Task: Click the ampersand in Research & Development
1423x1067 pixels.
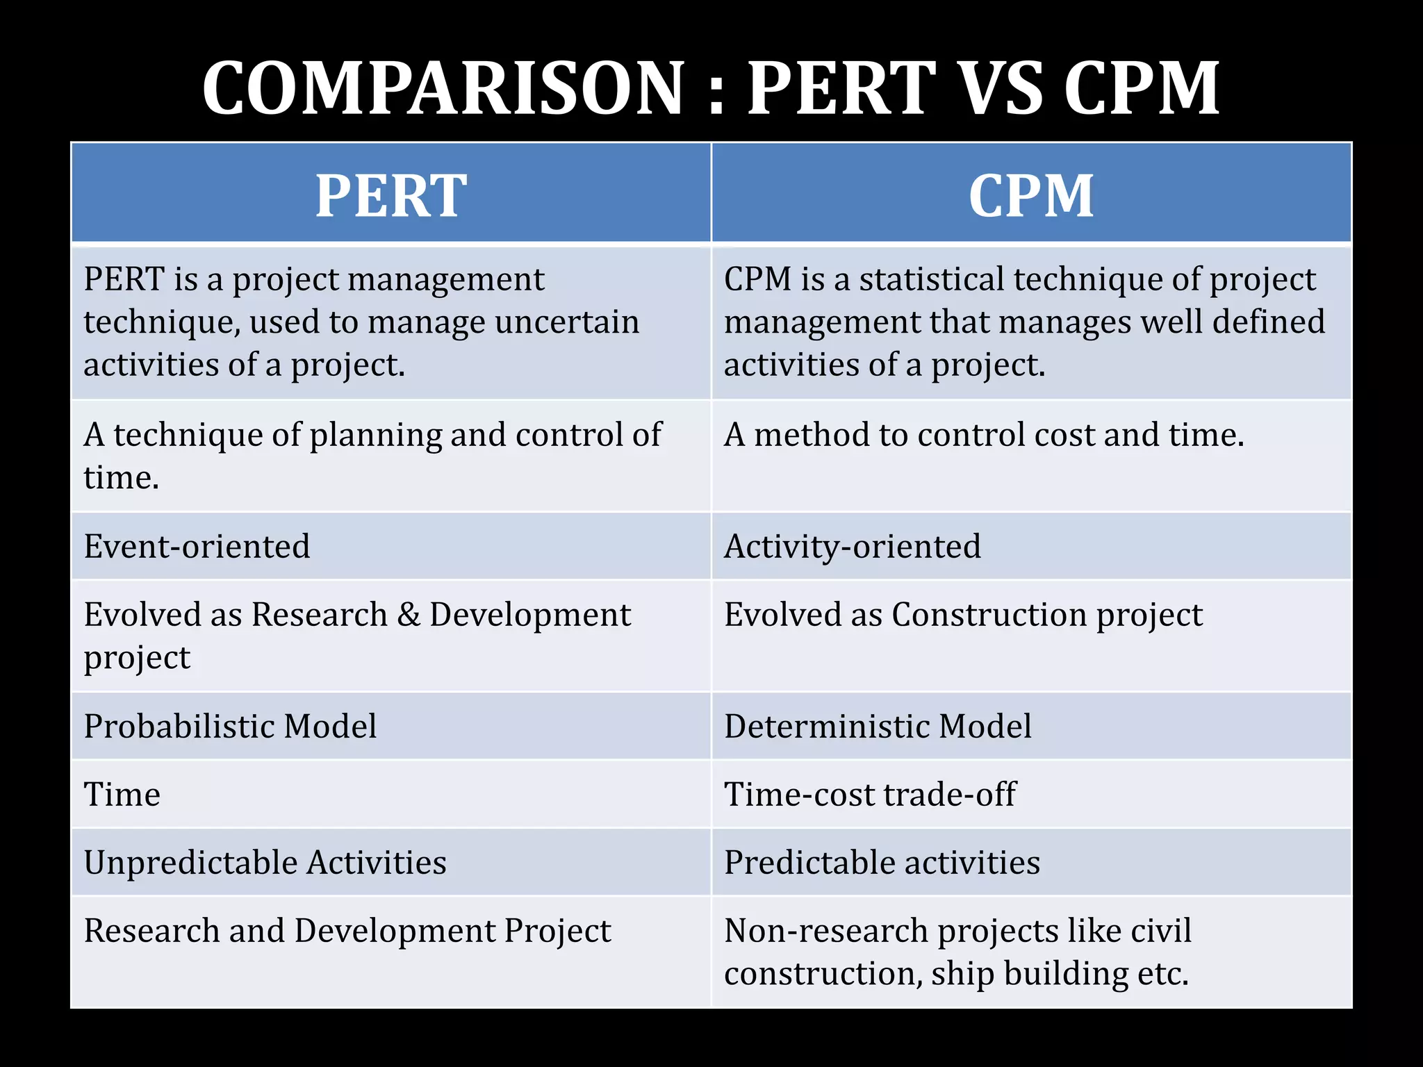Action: (x=409, y=615)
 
